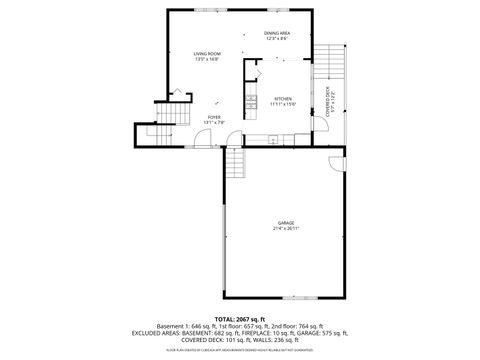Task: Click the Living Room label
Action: pos(207,53)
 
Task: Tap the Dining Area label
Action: pos(277,34)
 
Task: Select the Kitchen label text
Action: pos(283,99)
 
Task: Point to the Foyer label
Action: pos(214,117)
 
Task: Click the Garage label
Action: pos(286,222)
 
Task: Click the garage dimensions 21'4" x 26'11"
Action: pos(286,228)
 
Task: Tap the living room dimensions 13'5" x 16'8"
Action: pos(207,59)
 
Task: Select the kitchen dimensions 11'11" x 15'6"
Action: pos(283,105)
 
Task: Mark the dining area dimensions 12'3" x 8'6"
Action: pos(277,40)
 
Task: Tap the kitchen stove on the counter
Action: pos(249,97)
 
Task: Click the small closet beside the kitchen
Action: pos(254,71)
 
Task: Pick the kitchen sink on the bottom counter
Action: pos(285,137)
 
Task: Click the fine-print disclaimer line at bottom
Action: pos(240,351)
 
